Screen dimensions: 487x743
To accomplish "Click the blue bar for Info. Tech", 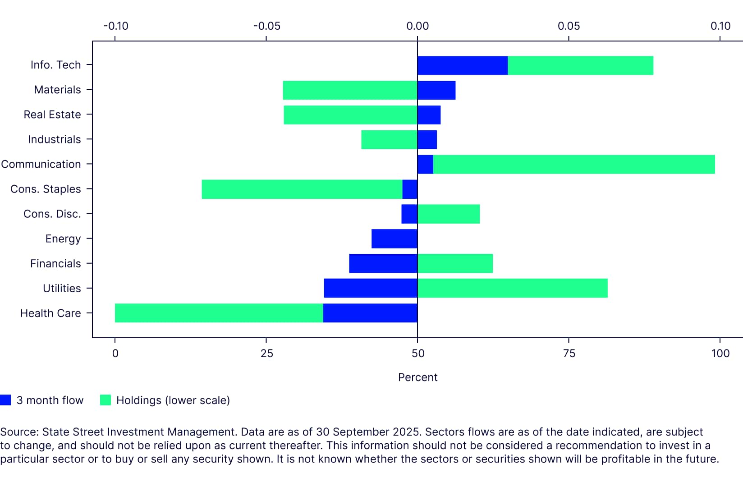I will (462, 65).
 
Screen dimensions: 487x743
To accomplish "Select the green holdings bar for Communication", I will (573, 165).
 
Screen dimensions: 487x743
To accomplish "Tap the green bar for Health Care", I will (219, 313).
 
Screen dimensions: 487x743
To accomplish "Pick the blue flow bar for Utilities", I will (370, 288).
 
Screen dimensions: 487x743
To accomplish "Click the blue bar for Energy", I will (394, 239).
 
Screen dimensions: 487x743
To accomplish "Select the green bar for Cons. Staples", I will (302, 189).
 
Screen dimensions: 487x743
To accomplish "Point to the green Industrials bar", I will (389, 140).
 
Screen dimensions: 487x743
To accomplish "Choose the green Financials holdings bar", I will (455, 263).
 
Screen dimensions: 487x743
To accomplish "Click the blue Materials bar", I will (436, 90).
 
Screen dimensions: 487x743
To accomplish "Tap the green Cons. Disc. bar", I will (449, 214).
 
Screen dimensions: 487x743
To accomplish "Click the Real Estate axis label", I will (52, 115).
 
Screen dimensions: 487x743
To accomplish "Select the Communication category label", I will (41, 164).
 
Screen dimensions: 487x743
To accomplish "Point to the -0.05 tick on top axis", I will (266, 26).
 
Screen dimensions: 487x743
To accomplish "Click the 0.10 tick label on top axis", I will (720, 26).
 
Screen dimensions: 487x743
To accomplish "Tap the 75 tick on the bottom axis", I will (569, 353).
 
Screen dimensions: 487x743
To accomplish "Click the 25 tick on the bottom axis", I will (266, 353).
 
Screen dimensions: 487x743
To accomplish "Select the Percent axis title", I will (417, 377).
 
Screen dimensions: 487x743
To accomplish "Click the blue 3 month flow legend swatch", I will (5, 400).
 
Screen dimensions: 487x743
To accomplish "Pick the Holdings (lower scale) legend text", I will (173, 400).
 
